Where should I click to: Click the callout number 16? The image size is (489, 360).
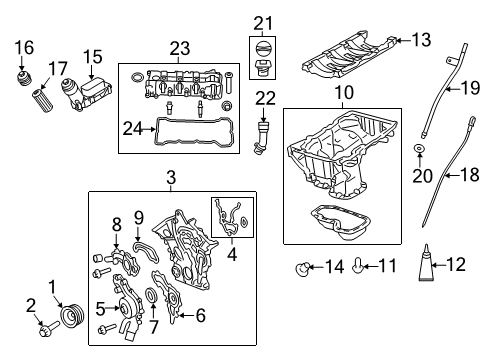click(x=25, y=46)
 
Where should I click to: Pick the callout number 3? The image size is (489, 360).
click(x=170, y=177)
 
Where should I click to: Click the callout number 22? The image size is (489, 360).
click(x=263, y=96)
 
